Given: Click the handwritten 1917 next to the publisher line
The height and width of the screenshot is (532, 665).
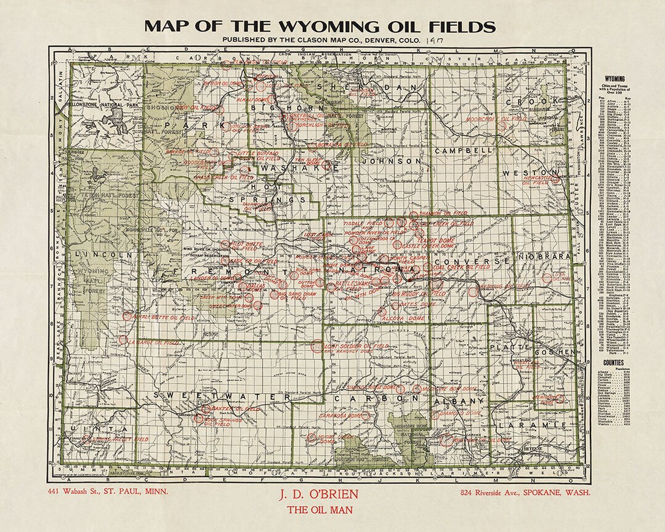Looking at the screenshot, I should (x=432, y=39).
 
